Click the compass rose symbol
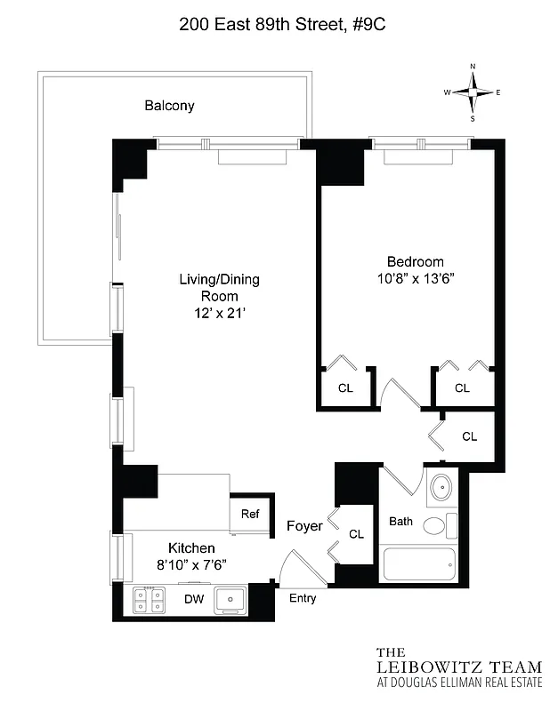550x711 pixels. click(473, 92)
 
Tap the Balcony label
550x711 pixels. click(169, 106)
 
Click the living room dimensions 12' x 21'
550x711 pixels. click(219, 312)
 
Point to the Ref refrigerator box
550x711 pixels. click(250, 514)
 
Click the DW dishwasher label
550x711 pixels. click(194, 599)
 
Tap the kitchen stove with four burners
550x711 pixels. click(148, 600)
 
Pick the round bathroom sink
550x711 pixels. click(440, 488)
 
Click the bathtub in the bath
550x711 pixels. click(417, 563)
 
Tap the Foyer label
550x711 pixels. click(303, 527)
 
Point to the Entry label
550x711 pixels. click(303, 598)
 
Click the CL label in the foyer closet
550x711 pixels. click(356, 534)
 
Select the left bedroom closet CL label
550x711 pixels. click(345, 387)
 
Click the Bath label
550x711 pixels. click(400, 521)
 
